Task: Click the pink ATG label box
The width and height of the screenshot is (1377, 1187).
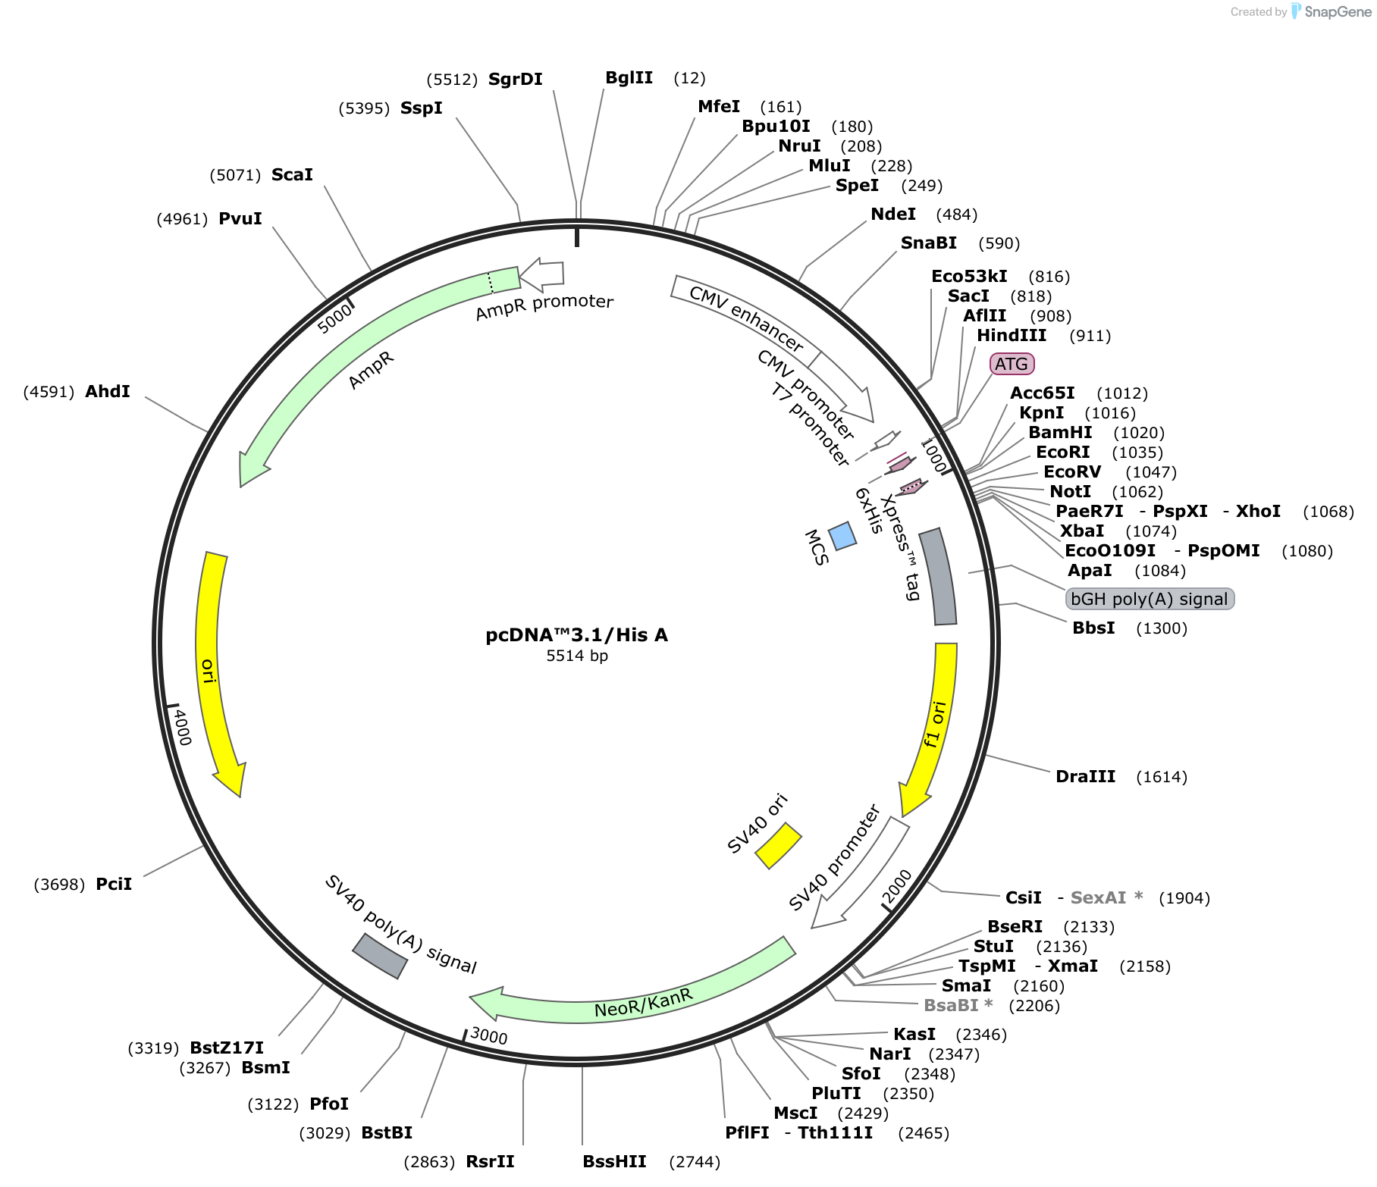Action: pyautogui.click(x=1012, y=364)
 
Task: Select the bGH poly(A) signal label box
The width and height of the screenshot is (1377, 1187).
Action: pyautogui.click(x=1150, y=599)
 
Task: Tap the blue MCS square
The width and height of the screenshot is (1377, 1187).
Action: pyautogui.click(x=842, y=535)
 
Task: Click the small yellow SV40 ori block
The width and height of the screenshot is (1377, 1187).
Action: pyautogui.click(x=778, y=845)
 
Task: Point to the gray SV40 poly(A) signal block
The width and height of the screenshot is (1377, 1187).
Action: pyautogui.click(x=380, y=956)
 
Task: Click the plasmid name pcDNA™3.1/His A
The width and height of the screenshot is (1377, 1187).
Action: pyautogui.click(x=576, y=635)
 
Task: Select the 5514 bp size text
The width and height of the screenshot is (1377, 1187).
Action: pyautogui.click(x=577, y=656)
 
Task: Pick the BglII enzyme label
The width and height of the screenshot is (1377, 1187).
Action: pyautogui.click(x=629, y=77)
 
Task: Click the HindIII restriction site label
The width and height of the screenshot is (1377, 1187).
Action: pyautogui.click(x=1012, y=335)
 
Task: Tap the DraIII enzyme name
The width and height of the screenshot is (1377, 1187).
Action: pyautogui.click(x=1085, y=776)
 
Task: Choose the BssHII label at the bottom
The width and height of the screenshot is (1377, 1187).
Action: pyautogui.click(x=614, y=1161)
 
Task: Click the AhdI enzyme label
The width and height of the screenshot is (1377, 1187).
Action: pyautogui.click(x=108, y=391)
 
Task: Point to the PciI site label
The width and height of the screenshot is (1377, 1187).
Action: pyautogui.click(x=114, y=884)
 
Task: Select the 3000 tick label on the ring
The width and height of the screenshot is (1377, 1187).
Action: pyautogui.click(x=489, y=1035)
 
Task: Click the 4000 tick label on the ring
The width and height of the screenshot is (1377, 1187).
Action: pyautogui.click(x=183, y=727)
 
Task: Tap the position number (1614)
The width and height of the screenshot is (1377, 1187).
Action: pyautogui.click(x=1162, y=776)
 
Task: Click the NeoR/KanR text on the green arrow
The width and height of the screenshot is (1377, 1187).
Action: pyautogui.click(x=644, y=1003)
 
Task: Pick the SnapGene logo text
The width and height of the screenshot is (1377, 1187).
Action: pyautogui.click(x=1338, y=11)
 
